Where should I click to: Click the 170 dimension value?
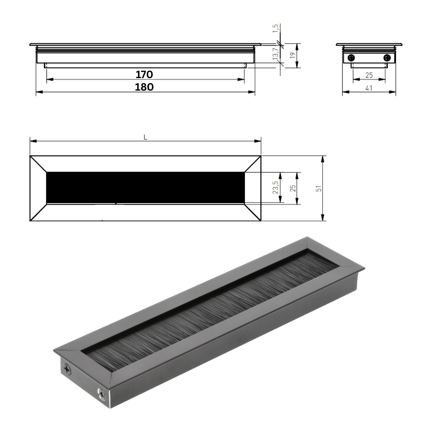point(144,75)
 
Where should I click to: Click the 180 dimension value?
point(144,87)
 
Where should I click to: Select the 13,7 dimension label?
point(275,53)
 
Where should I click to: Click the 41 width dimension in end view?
point(369,88)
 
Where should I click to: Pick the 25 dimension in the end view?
point(369,75)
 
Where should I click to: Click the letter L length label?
point(145,137)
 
